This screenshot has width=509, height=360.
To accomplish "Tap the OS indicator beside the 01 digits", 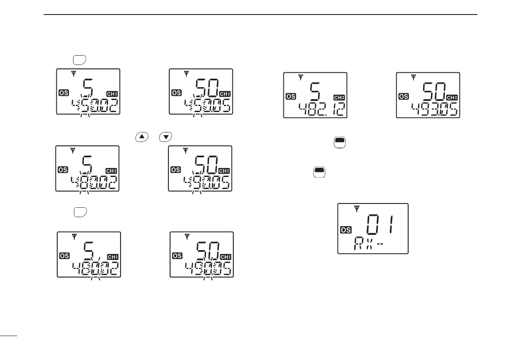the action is [x=346, y=230].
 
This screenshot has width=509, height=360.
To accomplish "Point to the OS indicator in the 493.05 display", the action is [x=403, y=97].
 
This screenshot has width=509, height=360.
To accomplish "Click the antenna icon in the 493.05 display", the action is [x=413, y=78].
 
